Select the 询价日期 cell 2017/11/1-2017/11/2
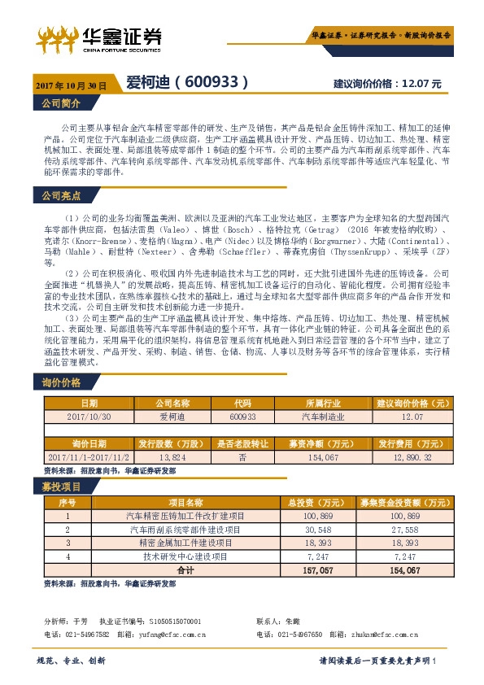(89, 459)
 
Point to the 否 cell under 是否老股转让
(242, 459)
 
